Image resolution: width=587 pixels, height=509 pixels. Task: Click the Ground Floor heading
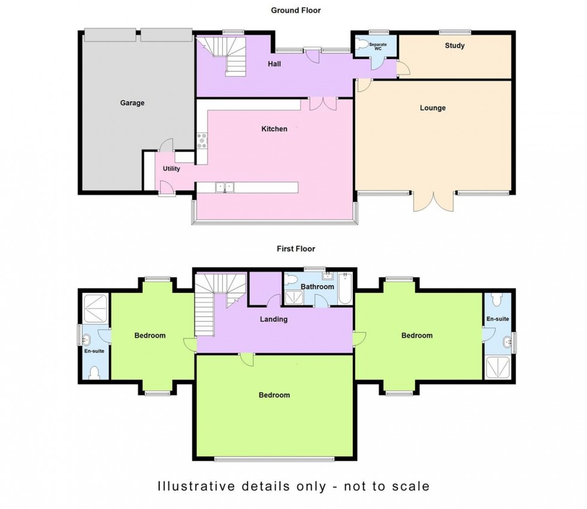pos(296,10)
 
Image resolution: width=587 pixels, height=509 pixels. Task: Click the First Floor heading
pos(295,249)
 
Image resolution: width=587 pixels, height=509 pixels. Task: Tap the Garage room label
pos(132,103)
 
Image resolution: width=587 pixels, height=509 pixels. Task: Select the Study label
pos(455,46)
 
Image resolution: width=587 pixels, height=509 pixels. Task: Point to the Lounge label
pos(432,108)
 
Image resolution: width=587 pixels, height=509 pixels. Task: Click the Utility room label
pos(171,169)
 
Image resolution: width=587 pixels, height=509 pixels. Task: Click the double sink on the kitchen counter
pos(225,187)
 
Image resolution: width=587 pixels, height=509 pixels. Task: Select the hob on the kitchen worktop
pos(202,140)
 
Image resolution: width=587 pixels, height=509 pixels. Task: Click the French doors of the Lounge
pos(434,202)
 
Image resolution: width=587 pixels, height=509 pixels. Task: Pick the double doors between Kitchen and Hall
pos(323,104)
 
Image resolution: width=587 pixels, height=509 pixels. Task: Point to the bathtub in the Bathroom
pos(346,289)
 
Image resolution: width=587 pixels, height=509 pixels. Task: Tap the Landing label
pos(273,319)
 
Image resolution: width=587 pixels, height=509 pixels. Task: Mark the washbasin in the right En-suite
pos(509,343)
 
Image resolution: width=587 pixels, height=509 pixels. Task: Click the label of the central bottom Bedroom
pos(274,395)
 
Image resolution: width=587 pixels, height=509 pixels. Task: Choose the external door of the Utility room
pos(167,190)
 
